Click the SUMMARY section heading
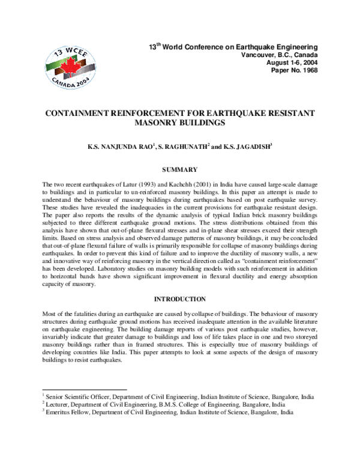coord(181,170)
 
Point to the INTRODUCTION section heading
coord(181,299)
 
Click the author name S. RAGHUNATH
coord(178,147)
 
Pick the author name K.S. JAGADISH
coord(248,147)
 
